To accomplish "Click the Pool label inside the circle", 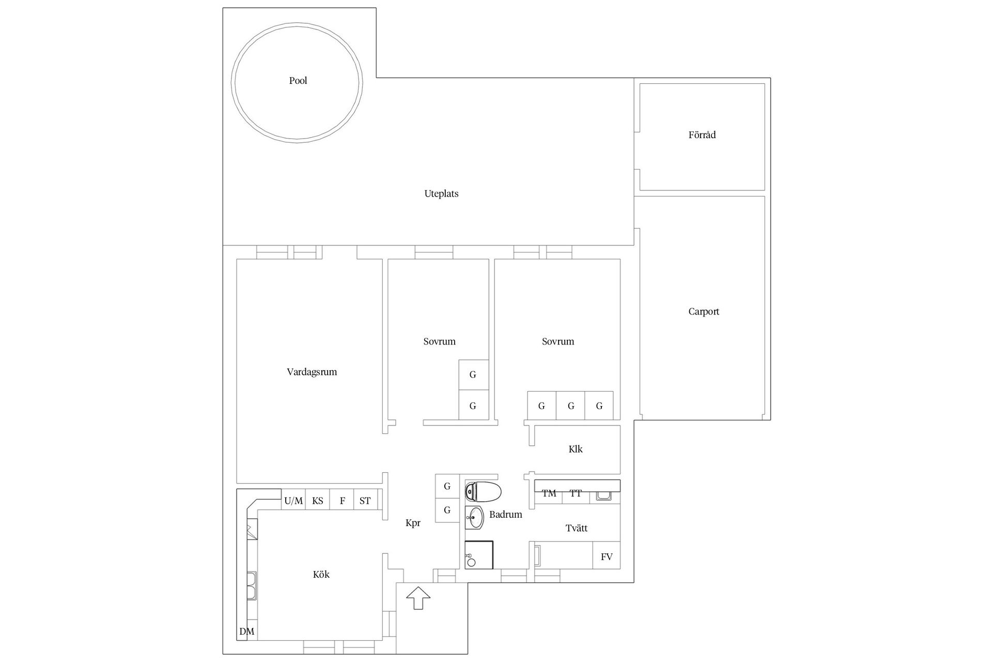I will (298, 81).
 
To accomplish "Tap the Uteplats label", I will (441, 194).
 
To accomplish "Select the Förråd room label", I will (702, 135).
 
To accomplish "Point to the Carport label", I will (703, 312).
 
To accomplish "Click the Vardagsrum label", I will (312, 372).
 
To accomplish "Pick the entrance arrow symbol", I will (418, 598).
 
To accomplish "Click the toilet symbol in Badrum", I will (483, 492).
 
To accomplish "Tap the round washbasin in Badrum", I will (475, 517).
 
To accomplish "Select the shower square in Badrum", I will (479, 555).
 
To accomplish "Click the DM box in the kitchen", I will (247, 631).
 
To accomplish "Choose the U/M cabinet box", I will (293, 501).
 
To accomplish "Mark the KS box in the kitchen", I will (317, 501).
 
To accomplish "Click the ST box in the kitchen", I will (365, 501).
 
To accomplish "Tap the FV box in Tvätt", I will (607, 556).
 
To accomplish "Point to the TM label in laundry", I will (549, 493).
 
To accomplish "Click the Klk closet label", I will (575, 449).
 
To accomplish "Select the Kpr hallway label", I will (413, 523).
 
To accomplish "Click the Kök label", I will (321, 575).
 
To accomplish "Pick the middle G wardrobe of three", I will (570, 406).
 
